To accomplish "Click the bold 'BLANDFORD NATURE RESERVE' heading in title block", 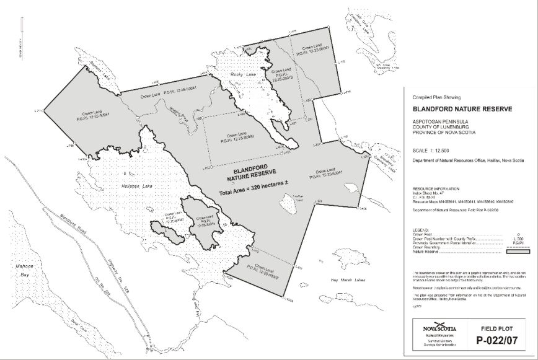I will tap(462, 109).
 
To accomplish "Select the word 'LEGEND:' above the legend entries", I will tap(421, 230).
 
